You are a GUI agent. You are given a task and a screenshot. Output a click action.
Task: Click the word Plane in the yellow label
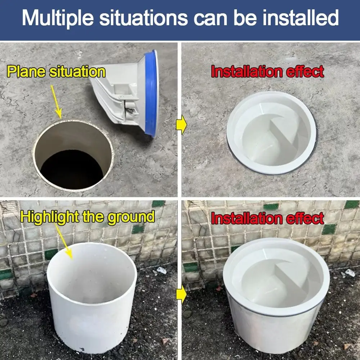pos(27,72)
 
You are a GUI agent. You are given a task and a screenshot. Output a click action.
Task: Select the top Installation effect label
pos(267,72)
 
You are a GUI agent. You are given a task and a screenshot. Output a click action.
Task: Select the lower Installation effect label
pos(267,219)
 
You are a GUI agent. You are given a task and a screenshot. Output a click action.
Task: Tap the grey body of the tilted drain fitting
pos(119,97)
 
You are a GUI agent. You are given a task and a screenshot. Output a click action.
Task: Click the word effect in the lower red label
pos(305,219)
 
